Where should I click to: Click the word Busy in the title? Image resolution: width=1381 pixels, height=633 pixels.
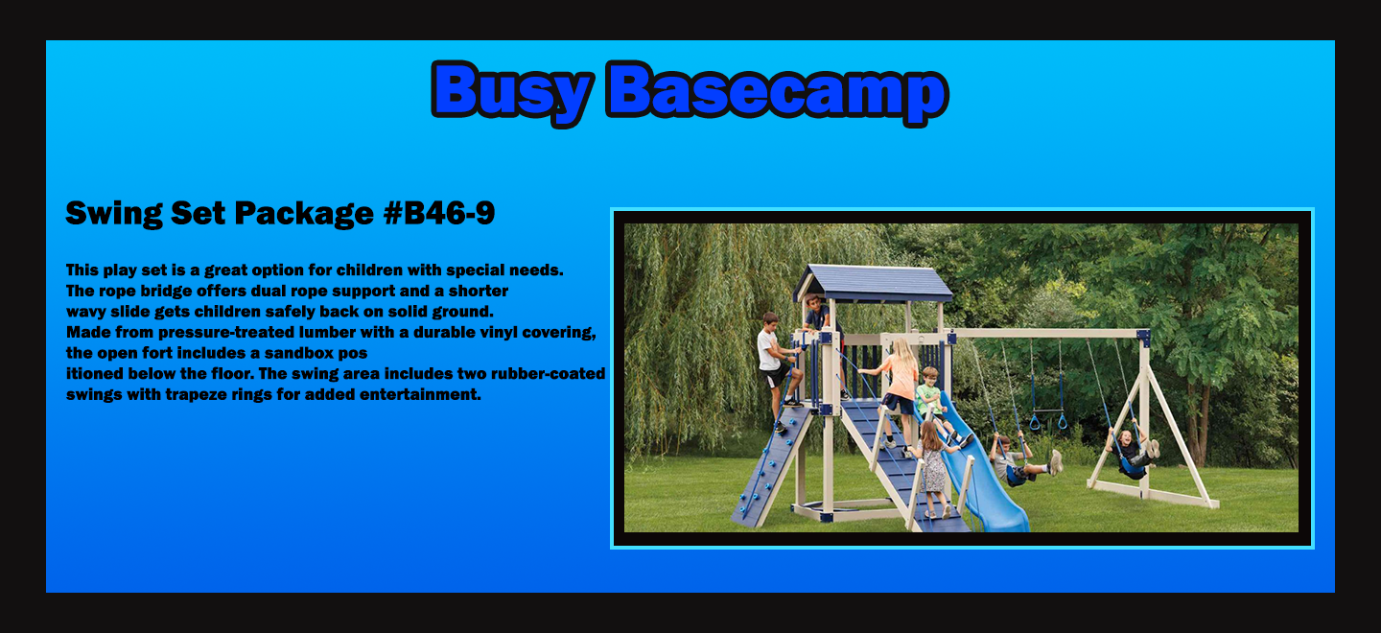pyautogui.click(x=512, y=92)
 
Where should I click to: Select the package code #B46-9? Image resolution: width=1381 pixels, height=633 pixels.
pyautogui.click(x=439, y=213)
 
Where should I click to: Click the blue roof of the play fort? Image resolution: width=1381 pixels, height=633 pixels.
pyautogui.click(x=873, y=284)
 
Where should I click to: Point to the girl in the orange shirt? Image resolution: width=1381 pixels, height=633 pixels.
pyautogui.click(x=897, y=391)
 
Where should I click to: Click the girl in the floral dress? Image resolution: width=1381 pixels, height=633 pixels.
pyautogui.click(x=932, y=468)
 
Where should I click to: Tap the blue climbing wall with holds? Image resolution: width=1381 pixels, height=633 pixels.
pyautogui.click(x=772, y=466)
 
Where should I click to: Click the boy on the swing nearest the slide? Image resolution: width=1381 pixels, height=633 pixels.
pyautogui.click(x=1020, y=459)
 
